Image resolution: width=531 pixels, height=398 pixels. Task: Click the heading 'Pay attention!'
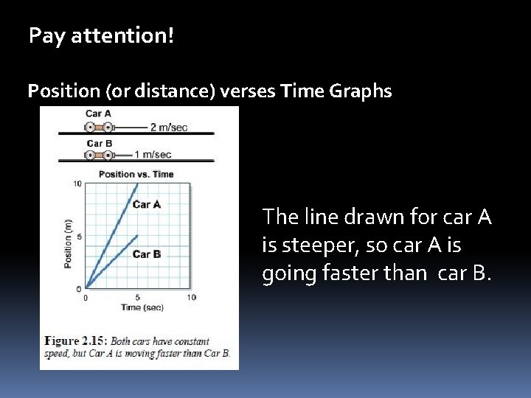(102, 35)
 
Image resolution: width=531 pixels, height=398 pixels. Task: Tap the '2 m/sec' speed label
(169, 127)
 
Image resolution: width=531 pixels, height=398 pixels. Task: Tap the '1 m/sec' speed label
(153, 155)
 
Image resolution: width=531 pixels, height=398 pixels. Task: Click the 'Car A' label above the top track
(99, 114)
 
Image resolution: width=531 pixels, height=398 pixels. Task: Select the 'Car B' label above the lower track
(99, 143)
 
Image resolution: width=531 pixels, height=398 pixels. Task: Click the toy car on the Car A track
(99, 127)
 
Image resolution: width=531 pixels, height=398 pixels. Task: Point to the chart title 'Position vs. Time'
(136, 174)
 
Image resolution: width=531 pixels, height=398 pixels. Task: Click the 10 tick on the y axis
(77, 184)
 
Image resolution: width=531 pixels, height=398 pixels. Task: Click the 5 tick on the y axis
(79, 237)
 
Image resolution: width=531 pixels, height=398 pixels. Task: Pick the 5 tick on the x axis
(138, 297)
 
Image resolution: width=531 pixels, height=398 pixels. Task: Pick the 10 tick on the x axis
(191, 297)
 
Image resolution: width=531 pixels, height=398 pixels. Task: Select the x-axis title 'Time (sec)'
(142, 307)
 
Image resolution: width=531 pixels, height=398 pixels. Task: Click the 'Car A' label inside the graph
(147, 204)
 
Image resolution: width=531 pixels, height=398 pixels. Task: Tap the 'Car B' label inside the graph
(147, 254)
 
